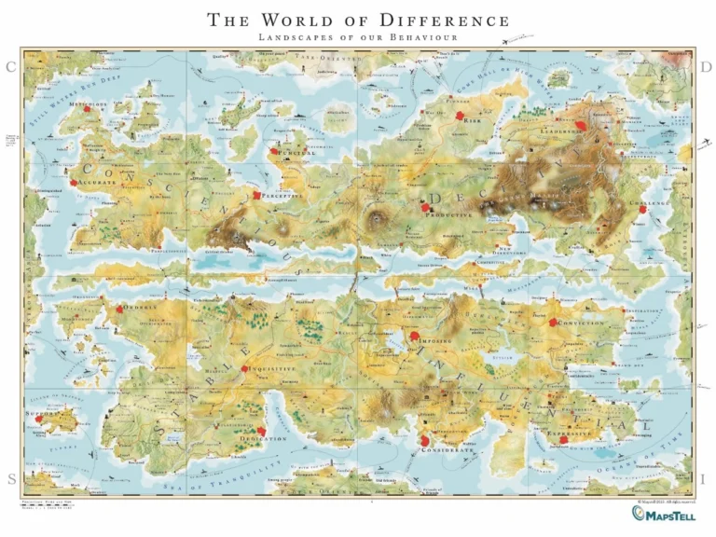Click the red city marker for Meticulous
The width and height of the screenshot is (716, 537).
(87, 110)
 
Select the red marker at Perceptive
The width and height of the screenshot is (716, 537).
(258, 196)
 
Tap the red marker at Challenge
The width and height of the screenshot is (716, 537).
(642, 210)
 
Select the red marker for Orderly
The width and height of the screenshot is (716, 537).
(118, 308)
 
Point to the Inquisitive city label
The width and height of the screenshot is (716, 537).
(273, 369)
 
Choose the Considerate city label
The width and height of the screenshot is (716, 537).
(449, 449)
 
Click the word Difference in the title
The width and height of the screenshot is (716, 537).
(448, 20)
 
